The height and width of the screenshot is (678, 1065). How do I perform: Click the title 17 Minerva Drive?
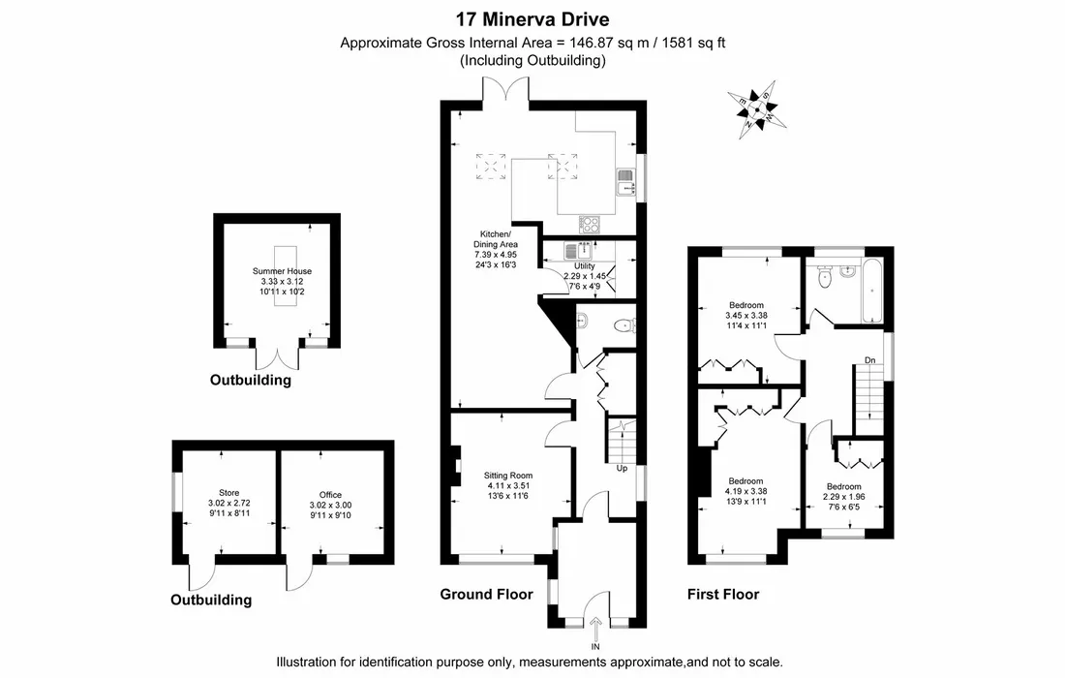click(x=532, y=19)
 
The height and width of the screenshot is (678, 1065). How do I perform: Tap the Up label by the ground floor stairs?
click(x=623, y=469)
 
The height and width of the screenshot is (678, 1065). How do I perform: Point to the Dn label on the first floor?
click(x=870, y=361)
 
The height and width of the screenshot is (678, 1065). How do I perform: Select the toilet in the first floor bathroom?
click(x=825, y=278)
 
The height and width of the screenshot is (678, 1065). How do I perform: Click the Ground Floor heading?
click(x=486, y=594)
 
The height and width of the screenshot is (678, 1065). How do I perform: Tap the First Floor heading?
click(x=722, y=594)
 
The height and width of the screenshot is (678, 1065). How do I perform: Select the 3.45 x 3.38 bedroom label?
click(x=745, y=315)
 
